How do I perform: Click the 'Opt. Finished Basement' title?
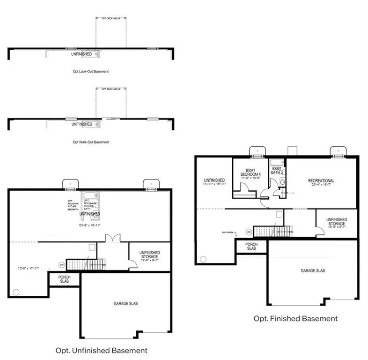[295, 319]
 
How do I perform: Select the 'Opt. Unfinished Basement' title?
[101, 351]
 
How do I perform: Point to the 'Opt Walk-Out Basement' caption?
[91, 142]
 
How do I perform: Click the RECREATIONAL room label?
[321, 181]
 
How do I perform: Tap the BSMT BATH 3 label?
[277, 171]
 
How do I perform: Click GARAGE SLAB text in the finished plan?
[313, 271]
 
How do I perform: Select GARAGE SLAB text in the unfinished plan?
[125, 303]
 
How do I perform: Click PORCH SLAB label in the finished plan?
[251, 246]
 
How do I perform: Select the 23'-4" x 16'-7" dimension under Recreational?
[321, 186]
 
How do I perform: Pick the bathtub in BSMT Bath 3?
[276, 164]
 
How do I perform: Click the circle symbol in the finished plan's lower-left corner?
[203, 258]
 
